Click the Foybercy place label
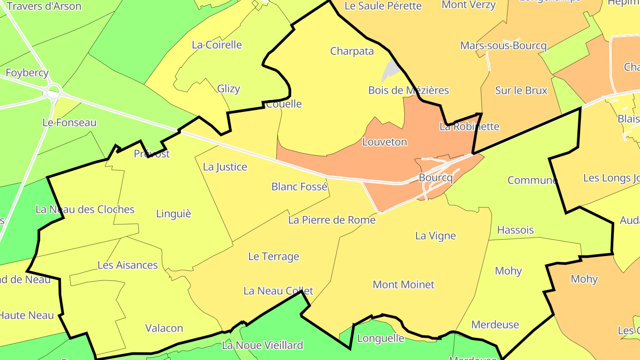pyautogui.click(x=27, y=72)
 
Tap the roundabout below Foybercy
pyautogui.click(x=54, y=92)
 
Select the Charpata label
pyautogui.click(x=352, y=51)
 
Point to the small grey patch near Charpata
pyautogui.click(x=390, y=69)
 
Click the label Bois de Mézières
pyautogui.click(x=408, y=90)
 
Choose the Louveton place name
pyautogui.click(x=384, y=142)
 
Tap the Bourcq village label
pyautogui.click(x=436, y=178)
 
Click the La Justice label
pyautogui.click(x=225, y=167)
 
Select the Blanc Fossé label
pyautogui.click(x=299, y=187)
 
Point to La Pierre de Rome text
pyautogui.click(x=332, y=220)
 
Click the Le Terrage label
pyautogui.click(x=273, y=256)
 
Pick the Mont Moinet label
pyautogui.click(x=403, y=284)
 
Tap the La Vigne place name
pyautogui.click(x=435, y=236)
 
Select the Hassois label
pyautogui.click(x=515, y=230)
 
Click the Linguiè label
pyautogui.click(x=173, y=214)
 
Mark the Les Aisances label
pyautogui.click(x=128, y=265)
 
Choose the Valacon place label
pyautogui.click(x=164, y=328)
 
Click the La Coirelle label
pyautogui.click(x=217, y=44)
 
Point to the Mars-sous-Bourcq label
pyautogui.click(x=503, y=45)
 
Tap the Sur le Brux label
pyautogui.click(x=521, y=90)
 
